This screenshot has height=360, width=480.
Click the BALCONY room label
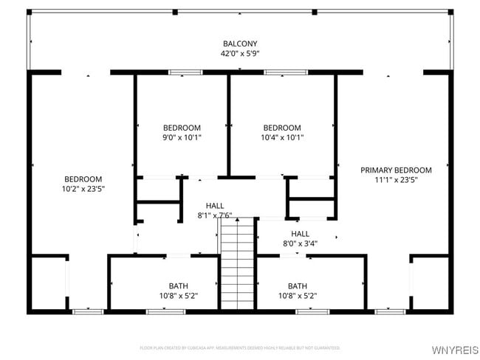click(x=241, y=44)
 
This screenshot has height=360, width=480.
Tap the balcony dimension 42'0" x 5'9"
click(x=241, y=53)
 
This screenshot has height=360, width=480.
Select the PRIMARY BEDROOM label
click(x=396, y=170)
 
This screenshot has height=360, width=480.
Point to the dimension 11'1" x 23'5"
click(x=396, y=179)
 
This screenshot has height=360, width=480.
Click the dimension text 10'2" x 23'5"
click(x=83, y=188)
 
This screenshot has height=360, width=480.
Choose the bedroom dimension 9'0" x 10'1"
click(x=182, y=136)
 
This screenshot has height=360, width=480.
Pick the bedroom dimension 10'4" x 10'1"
click(x=282, y=136)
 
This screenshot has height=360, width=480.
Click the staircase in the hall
click(x=237, y=266)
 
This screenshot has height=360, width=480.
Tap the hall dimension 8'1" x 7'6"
click(x=215, y=215)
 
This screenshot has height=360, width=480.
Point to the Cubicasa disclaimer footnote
click(x=240, y=347)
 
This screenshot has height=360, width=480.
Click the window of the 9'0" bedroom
click(x=185, y=72)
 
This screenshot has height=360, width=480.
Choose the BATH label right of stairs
click(x=298, y=286)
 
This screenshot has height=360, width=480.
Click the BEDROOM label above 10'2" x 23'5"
click(x=83, y=179)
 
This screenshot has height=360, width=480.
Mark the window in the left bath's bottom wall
click(x=165, y=311)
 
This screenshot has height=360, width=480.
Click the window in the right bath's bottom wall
click(x=312, y=311)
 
